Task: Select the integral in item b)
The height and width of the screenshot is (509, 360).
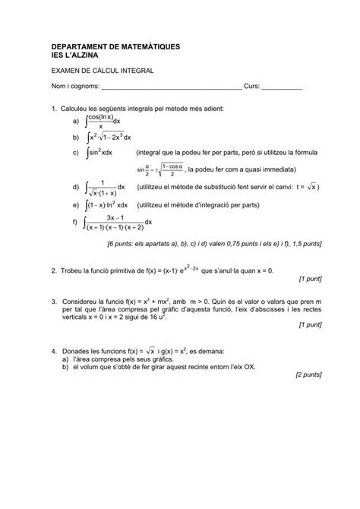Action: pyautogui.click(x=111, y=138)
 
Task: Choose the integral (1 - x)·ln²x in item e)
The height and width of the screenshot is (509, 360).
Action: pyautogui.click(x=109, y=205)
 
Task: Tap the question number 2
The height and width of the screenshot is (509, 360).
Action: pyautogui.click(x=52, y=270)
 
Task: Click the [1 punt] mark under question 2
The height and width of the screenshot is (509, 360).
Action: pyautogui.click(x=311, y=279)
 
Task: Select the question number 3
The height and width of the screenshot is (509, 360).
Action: pyautogui.click(x=52, y=302)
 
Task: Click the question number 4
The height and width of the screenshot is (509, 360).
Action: pyautogui.click(x=52, y=352)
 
